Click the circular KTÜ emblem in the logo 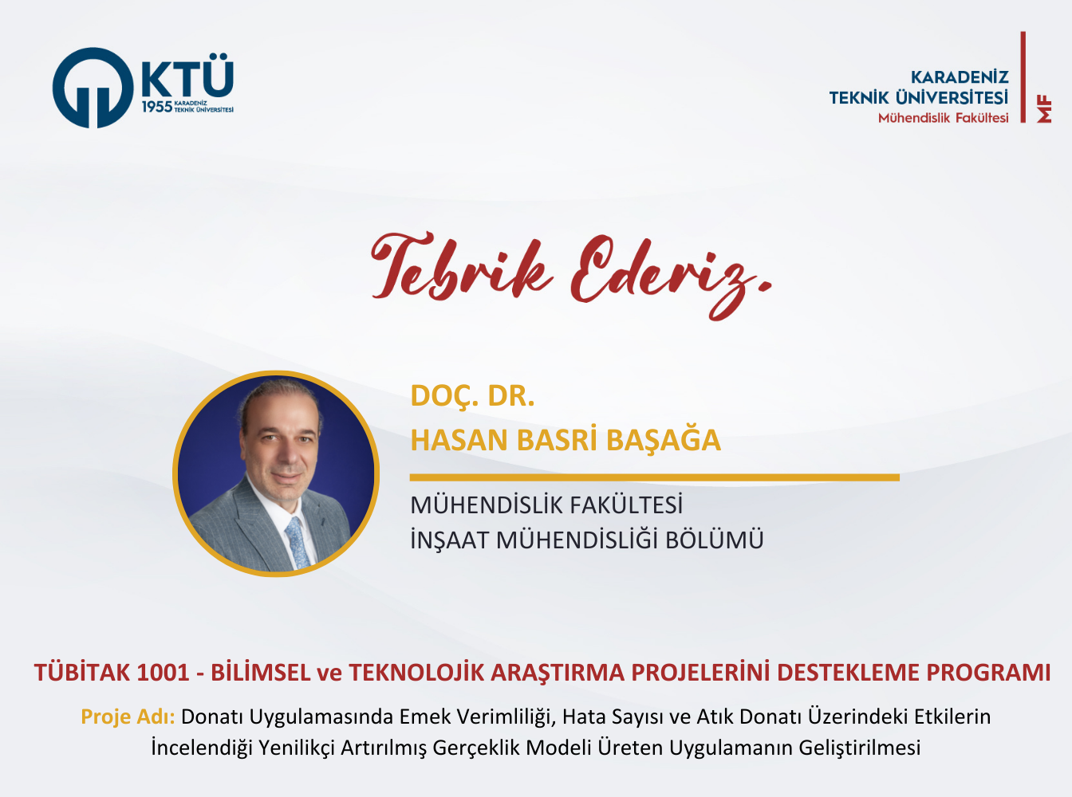coord(93,88)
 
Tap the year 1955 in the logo coord(157,108)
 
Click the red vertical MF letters coord(1044,110)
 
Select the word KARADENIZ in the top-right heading coord(960,77)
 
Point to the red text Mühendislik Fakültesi coord(943,118)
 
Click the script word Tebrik coord(462,267)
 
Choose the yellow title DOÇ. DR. coord(472,397)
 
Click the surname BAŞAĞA coord(663,440)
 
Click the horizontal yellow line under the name coord(654,477)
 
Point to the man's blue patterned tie coord(298,542)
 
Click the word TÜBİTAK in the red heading coord(81,673)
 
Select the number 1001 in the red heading coord(163,673)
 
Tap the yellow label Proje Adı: coord(128,717)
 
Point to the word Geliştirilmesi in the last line coord(859,748)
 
